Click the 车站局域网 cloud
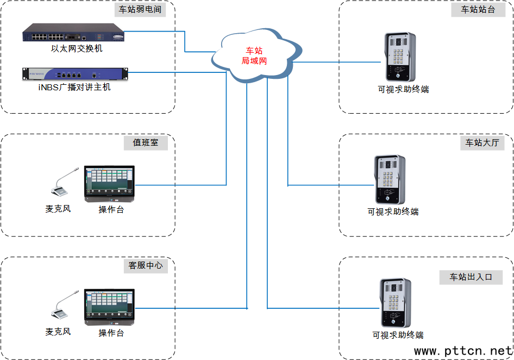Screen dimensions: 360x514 [x=254, y=55]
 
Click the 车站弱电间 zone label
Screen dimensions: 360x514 [x=140, y=10]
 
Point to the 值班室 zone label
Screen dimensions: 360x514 [x=145, y=143]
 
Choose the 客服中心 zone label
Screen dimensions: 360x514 [x=145, y=266]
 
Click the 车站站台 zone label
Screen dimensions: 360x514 [x=478, y=10]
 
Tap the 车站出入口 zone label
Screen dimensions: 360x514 [x=471, y=277]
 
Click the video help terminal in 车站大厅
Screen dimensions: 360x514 [x=390, y=179]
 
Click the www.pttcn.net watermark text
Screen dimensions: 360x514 [x=463, y=351]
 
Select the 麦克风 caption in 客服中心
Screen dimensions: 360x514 [x=58, y=332]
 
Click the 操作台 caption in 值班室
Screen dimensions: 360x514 [x=111, y=209]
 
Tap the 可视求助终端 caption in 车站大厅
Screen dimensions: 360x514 [x=393, y=212]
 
